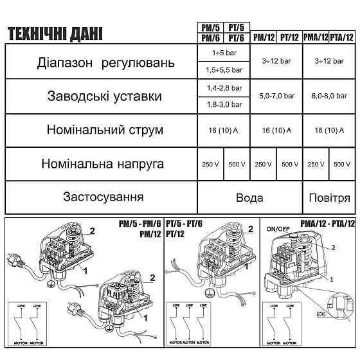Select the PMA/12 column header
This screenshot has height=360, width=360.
(316, 37)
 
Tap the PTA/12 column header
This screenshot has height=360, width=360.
(342, 37)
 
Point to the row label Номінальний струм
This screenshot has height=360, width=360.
(104, 130)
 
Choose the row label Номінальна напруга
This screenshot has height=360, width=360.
(104, 164)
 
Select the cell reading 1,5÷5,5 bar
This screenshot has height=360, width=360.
(223, 69)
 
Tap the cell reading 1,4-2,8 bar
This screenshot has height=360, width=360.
(223, 87)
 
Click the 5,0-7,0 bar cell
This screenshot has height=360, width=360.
(276, 96)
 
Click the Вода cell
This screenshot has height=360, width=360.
(250, 197)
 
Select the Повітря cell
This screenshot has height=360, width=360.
(329, 197)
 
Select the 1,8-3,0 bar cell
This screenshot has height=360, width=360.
(223, 104)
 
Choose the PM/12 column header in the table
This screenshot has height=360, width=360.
(263, 37)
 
